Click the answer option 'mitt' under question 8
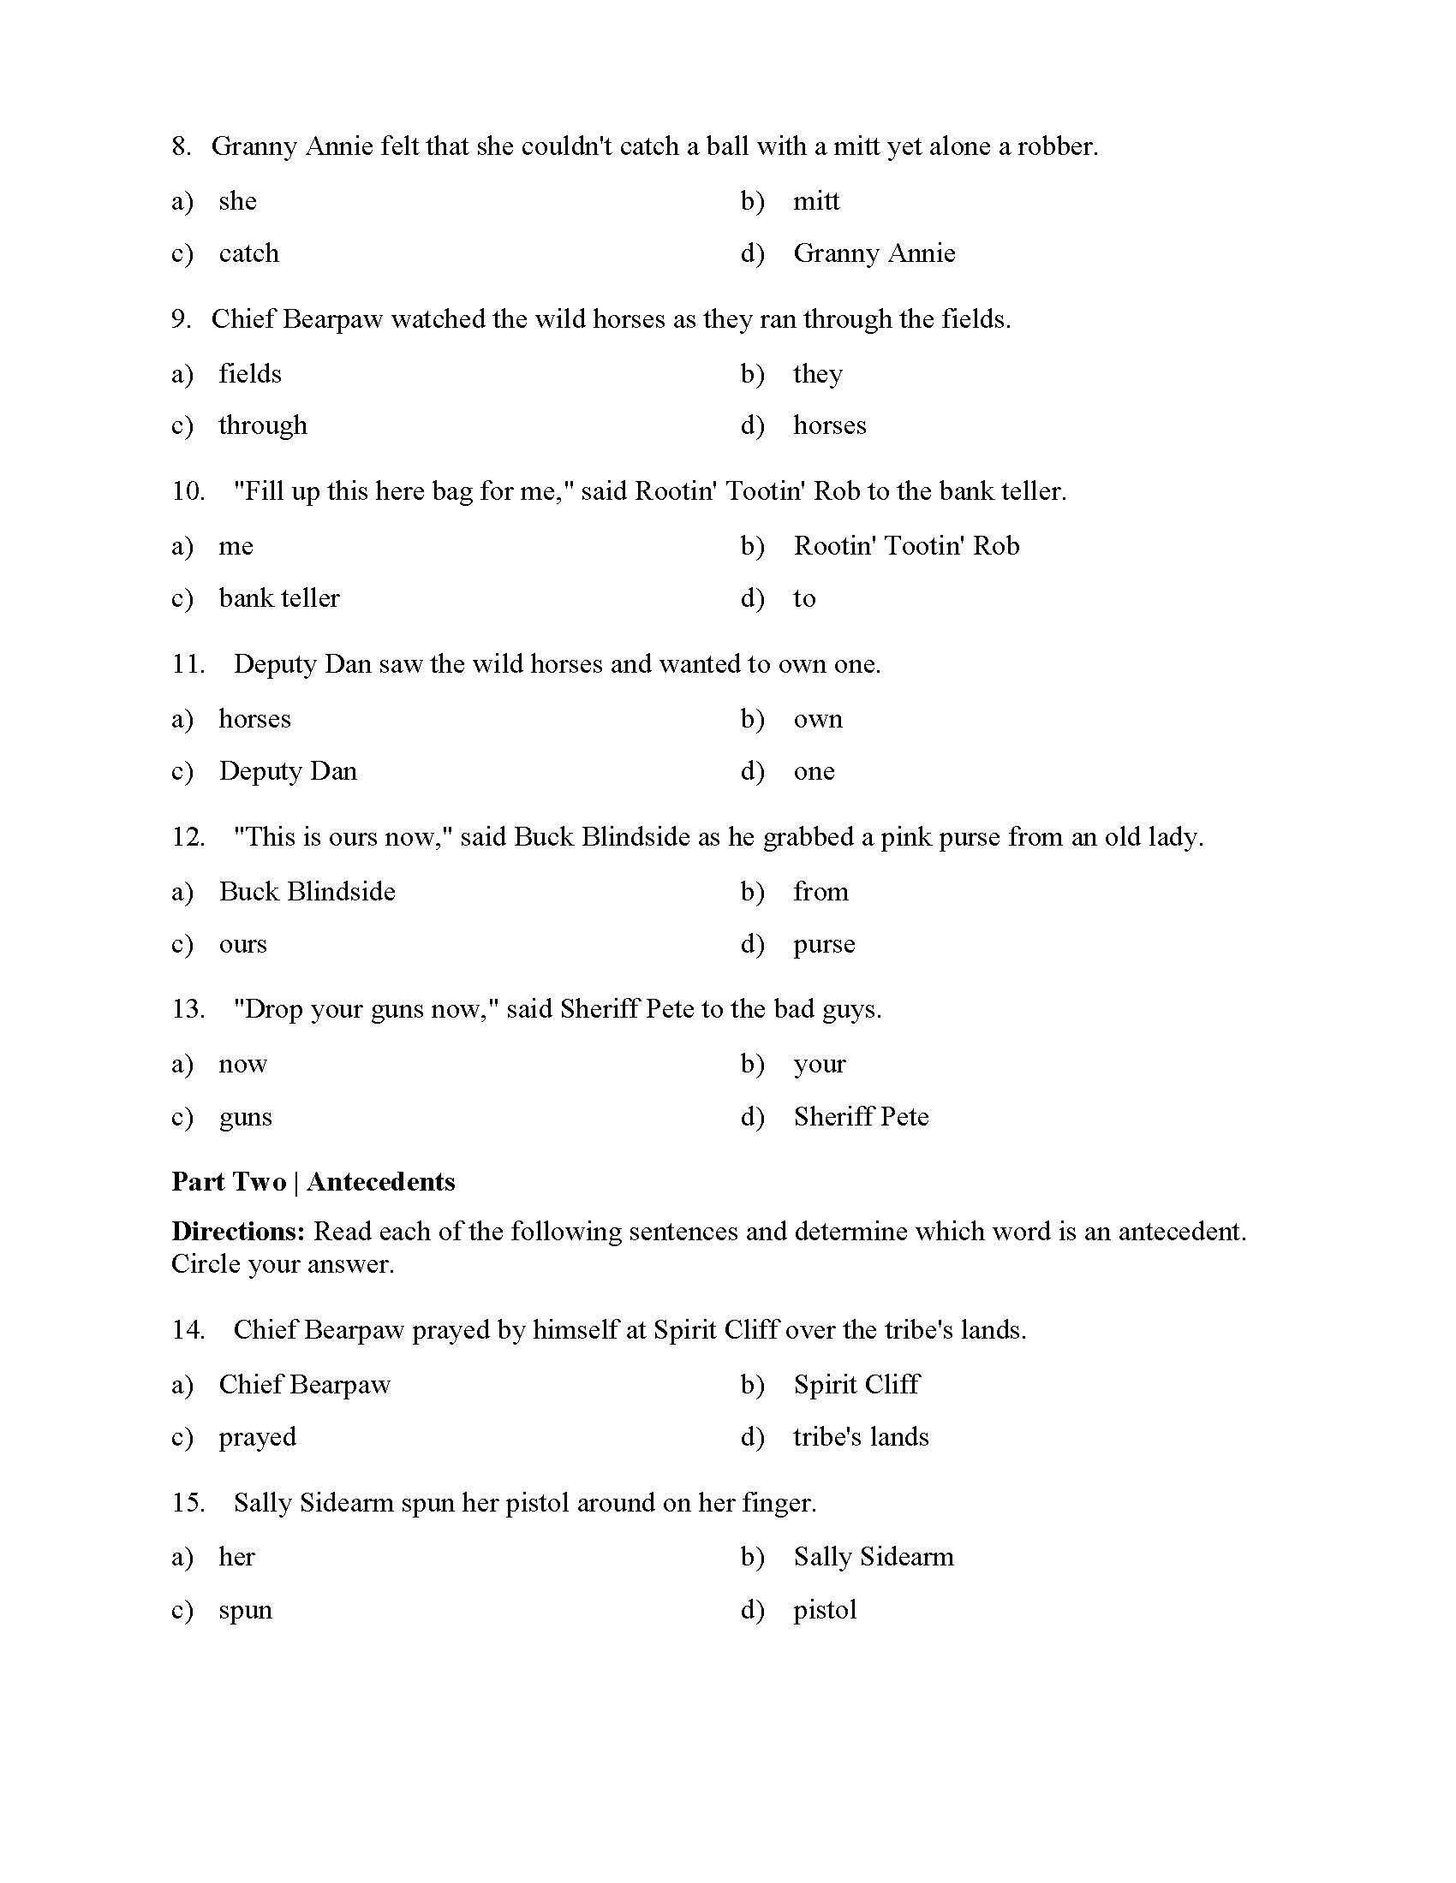click(815, 201)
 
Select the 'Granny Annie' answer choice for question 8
click(874, 253)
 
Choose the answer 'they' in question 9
click(817, 374)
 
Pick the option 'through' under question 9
click(262, 426)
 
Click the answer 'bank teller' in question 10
click(278, 598)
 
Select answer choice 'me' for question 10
click(236, 547)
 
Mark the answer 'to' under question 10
click(804, 598)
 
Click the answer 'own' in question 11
click(817, 719)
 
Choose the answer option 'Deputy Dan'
click(287, 771)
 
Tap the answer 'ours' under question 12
click(242, 944)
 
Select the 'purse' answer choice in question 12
click(824, 944)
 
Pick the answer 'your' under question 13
click(819, 1065)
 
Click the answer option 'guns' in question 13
click(245, 1117)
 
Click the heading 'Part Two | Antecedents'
click(313, 1181)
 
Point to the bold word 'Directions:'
click(238, 1231)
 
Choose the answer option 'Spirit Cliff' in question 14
click(856, 1385)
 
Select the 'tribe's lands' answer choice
click(860, 1437)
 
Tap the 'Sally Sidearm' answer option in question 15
click(873, 1557)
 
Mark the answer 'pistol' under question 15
click(825, 1610)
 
